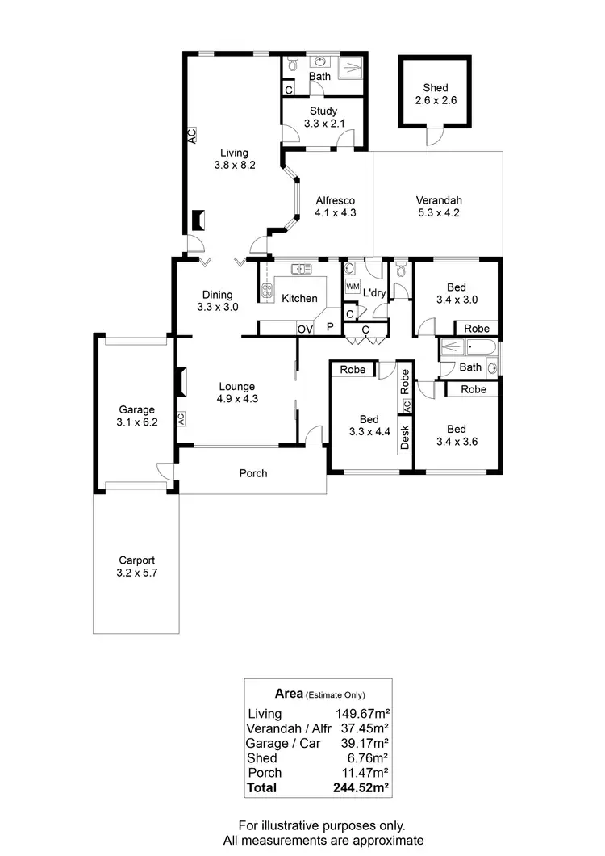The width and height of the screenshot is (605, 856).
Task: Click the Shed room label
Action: pyautogui.click(x=436, y=88)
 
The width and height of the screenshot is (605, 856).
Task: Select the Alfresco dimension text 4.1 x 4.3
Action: pyautogui.click(x=336, y=214)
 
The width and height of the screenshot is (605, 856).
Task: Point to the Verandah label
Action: pyautogui.click(x=438, y=201)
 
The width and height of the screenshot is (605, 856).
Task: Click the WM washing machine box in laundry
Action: pyautogui.click(x=352, y=287)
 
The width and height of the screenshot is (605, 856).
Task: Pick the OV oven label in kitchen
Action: pyautogui.click(x=304, y=328)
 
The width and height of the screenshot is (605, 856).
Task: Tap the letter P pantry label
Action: pyautogui.click(x=329, y=328)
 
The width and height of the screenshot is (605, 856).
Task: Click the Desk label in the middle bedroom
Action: pyautogui.click(x=405, y=437)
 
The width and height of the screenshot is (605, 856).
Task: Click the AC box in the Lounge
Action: pyautogui.click(x=181, y=418)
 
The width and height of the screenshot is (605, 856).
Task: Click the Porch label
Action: pyautogui.click(x=252, y=473)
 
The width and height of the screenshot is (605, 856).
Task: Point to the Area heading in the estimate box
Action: pyautogui.click(x=289, y=693)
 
